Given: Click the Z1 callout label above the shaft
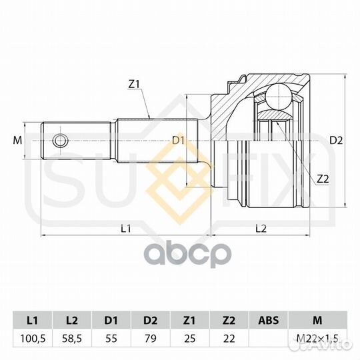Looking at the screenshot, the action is (134, 85).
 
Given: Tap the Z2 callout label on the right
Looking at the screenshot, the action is (323, 179).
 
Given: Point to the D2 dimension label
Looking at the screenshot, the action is (336, 140).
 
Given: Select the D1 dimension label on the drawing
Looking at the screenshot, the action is (179, 140).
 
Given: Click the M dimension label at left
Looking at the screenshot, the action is (17, 140).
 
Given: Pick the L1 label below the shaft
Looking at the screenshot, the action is (126, 229).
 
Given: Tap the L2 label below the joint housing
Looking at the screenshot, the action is (261, 229).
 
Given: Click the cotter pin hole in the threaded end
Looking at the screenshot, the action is (60, 141).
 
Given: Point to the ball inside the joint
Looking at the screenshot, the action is (278, 97).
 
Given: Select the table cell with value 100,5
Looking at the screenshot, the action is (33, 339).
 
